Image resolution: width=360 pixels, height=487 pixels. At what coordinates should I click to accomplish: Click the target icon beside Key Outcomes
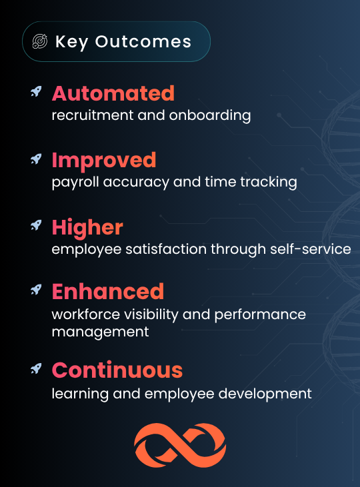click(x=40, y=41)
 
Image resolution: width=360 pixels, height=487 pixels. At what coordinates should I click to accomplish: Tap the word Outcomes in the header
click(x=143, y=41)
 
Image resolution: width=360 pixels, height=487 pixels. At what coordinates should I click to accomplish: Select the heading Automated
click(x=113, y=93)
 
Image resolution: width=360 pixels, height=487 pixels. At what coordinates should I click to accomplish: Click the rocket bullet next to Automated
click(x=36, y=92)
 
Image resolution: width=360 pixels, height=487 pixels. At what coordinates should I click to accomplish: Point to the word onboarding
click(x=210, y=115)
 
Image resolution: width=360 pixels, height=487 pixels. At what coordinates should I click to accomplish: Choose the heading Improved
click(x=104, y=161)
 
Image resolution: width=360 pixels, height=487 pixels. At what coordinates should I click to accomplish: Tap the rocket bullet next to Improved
click(x=36, y=159)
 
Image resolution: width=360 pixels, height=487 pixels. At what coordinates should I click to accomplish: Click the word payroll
click(x=75, y=183)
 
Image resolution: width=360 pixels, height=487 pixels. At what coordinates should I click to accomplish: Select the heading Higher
click(x=87, y=228)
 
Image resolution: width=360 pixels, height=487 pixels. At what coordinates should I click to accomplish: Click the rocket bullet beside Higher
click(x=36, y=225)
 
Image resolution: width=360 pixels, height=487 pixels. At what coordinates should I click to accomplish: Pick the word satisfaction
click(x=166, y=249)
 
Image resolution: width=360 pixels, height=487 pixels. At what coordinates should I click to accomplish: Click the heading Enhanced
click(x=108, y=291)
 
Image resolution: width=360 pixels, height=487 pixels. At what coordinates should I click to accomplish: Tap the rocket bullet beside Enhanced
click(x=36, y=289)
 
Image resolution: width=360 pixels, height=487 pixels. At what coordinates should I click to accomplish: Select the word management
click(x=100, y=332)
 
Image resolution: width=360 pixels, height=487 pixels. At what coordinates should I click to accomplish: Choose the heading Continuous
click(x=117, y=370)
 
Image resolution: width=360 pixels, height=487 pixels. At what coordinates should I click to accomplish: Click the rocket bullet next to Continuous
click(x=36, y=368)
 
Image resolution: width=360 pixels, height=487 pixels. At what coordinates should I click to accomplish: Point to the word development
click(x=265, y=394)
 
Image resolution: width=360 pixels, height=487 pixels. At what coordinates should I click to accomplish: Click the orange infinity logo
click(x=180, y=445)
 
